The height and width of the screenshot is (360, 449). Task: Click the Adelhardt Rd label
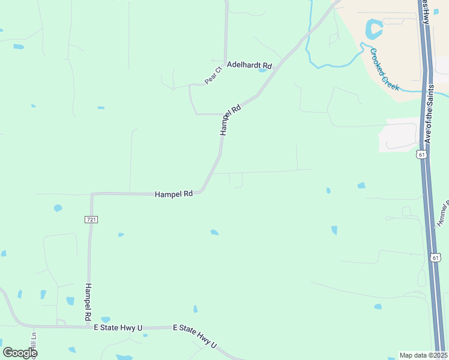tap(249, 65)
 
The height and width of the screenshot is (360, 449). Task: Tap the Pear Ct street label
tap(213, 75)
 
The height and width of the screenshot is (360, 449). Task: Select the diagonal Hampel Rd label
tap(230, 120)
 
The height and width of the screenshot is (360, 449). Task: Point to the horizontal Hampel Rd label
tap(173, 194)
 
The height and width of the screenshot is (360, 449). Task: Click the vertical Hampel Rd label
tap(88, 301)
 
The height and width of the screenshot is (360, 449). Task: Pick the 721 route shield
tap(91, 220)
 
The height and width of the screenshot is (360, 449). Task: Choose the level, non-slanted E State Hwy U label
tap(118, 328)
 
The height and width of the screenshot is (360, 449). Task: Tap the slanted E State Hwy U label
tap(194, 336)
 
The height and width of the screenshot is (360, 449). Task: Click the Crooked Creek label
tap(385, 70)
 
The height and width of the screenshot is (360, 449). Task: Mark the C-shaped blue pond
tap(373, 28)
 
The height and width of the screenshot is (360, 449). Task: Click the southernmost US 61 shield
tap(436, 257)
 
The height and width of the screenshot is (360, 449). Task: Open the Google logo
tap(19, 353)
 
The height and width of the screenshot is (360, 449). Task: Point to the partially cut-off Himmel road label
tap(443, 215)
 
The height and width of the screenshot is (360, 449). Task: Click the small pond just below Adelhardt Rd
tap(262, 70)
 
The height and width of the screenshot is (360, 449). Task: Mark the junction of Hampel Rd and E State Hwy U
tap(88, 327)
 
